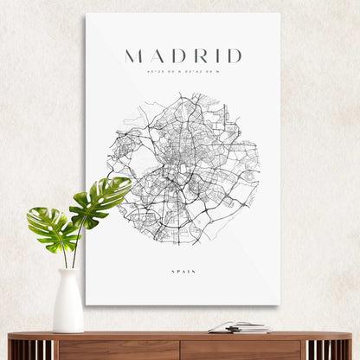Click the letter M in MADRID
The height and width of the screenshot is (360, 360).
133,56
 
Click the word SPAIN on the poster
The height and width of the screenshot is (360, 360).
183,272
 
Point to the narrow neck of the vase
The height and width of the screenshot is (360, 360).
67,275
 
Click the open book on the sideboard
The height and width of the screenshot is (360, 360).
238,327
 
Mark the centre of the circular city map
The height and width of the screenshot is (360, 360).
183,169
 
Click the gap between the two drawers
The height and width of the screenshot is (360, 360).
180,350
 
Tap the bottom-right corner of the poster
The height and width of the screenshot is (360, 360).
279,304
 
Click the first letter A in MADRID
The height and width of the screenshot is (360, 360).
156,56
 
